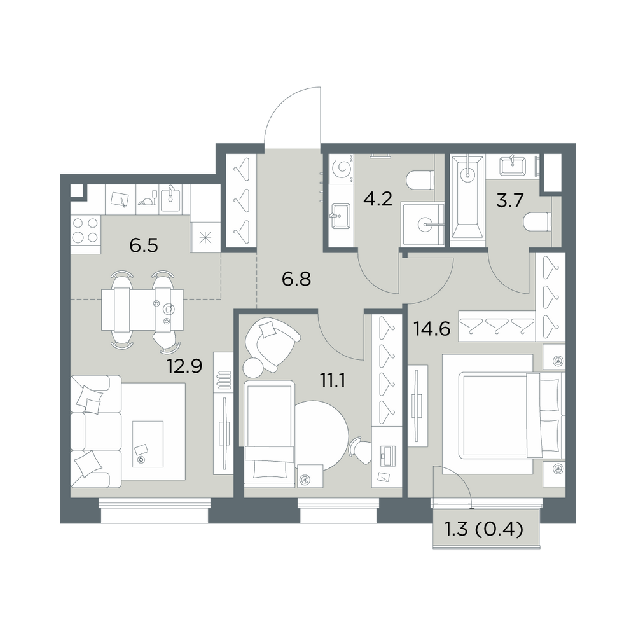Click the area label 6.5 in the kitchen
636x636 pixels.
click(144, 245)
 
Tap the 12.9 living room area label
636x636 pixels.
click(184, 366)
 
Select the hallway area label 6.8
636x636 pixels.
click(296, 279)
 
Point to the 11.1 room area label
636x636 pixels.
click(332, 381)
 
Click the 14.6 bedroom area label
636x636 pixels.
click(432, 329)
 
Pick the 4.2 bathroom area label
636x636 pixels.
click(378, 200)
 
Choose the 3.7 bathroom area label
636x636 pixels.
click(511, 200)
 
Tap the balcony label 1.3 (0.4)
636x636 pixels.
click(484, 530)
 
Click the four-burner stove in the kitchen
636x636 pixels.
click(86, 230)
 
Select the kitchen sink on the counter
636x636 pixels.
click(170, 198)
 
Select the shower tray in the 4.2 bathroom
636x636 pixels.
click(423, 225)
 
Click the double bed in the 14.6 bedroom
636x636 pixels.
click(503, 415)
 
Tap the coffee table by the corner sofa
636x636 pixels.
click(148, 444)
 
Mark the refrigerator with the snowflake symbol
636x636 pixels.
click(205, 237)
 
